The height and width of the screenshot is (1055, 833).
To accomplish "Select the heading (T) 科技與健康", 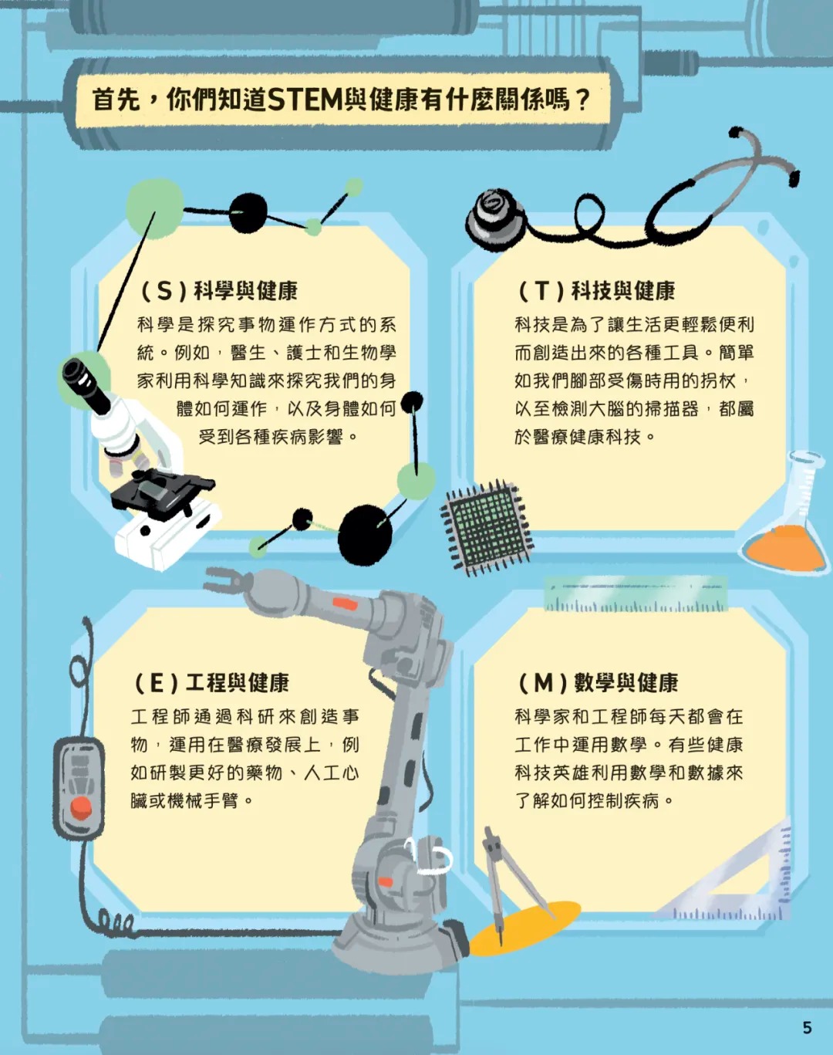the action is [596, 291].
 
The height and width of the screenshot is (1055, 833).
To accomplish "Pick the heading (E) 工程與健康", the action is [211, 683].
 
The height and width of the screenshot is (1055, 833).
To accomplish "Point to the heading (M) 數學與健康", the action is [599, 683].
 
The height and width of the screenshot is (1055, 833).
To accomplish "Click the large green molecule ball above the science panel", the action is [155, 209].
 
